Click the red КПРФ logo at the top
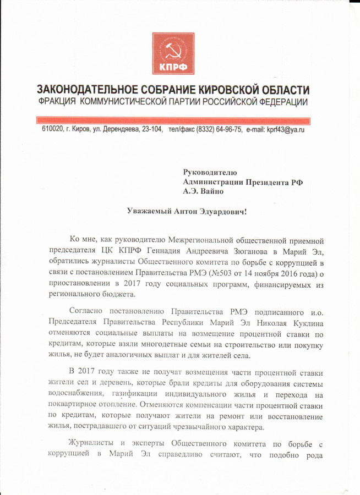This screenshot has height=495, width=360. tap(173, 53)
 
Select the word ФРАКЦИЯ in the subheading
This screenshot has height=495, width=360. tap(57, 103)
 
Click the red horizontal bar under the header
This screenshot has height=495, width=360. tap(173, 119)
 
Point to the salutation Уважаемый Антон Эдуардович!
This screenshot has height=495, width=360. tap(187, 211)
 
